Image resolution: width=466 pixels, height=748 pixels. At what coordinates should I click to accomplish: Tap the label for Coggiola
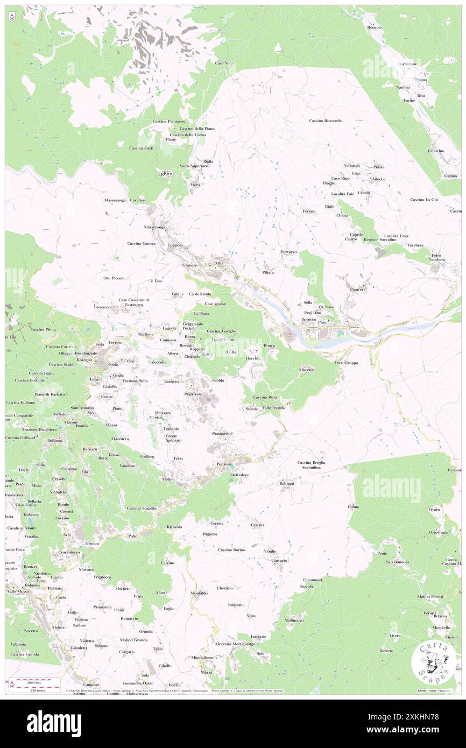pos(175,245)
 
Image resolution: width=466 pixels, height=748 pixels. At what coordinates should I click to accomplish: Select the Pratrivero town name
pos(193,394)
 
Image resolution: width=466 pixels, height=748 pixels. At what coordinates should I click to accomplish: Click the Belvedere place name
pos(240,475)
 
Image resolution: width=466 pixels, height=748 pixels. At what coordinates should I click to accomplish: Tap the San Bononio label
pos(397,562)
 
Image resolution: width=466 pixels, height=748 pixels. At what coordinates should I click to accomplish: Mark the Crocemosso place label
pos(65,552)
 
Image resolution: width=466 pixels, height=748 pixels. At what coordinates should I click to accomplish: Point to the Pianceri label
pos(358,290)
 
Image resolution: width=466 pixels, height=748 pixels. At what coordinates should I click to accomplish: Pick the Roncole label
pos(375,27)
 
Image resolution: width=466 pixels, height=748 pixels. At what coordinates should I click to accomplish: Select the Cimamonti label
pos(312,580)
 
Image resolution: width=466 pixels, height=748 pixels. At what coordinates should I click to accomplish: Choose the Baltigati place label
pos(286,484)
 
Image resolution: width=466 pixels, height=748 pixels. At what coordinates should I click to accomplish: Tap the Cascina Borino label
pos(232,550)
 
